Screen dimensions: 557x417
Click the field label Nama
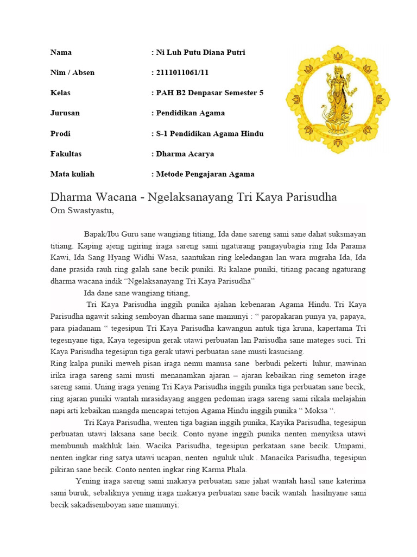pos(61,53)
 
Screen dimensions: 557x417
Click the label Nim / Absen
pos(72,73)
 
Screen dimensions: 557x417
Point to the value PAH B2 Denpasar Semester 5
pos(208,93)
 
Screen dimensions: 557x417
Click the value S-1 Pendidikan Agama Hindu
pos(208,134)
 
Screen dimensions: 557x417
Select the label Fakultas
pos(66,154)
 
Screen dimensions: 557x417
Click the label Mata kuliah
pos(72,174)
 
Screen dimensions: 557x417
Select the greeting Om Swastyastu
pos(82,211)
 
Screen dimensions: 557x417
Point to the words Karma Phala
pos(226,469)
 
